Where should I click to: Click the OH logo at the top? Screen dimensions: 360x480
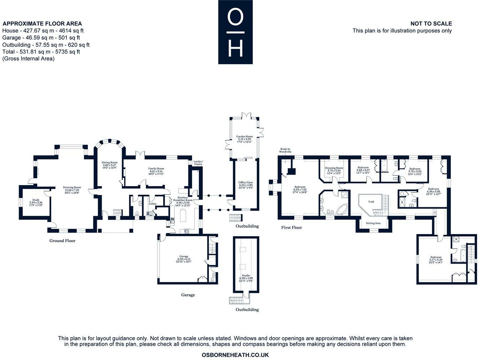tap(235, 32)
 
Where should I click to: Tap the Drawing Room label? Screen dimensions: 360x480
tap(72, 187)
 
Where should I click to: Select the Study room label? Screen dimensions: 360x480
tap(36, 200)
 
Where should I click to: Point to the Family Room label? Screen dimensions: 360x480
tap(156, 168)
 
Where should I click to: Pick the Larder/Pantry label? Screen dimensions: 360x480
tap(198, 163)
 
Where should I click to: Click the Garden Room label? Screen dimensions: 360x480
tap(244, 137)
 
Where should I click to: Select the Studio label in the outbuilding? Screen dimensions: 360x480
tap(246, 275)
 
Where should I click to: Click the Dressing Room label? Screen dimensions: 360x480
tap(334, 168)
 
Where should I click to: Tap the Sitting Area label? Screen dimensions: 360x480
tap(373, 223)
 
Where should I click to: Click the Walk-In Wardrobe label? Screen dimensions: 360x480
tap(285, 150)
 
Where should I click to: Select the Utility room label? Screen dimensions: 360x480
tap(153, 204)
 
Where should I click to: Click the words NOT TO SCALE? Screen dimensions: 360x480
tap(431, 24)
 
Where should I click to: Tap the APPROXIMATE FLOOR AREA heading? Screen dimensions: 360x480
tap(42, 24)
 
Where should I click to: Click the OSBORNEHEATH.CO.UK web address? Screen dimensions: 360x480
tap(235, 355)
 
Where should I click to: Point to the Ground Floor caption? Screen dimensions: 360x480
tap(62, 240)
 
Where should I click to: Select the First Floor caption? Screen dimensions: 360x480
tap(291, 227)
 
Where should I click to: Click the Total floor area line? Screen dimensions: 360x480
tap(41, 52)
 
